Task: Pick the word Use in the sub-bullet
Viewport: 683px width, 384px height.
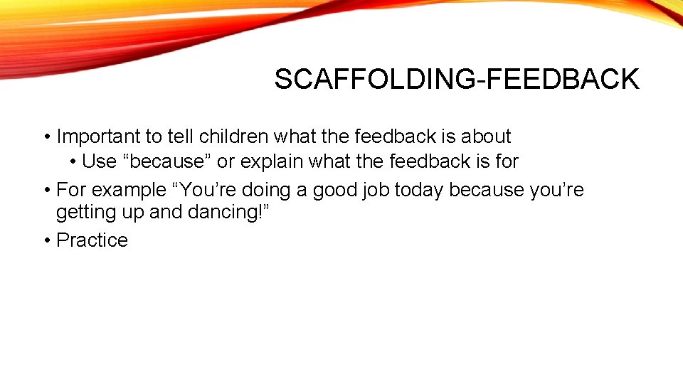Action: point(99,161)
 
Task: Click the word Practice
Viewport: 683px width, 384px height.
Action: point(92,240)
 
